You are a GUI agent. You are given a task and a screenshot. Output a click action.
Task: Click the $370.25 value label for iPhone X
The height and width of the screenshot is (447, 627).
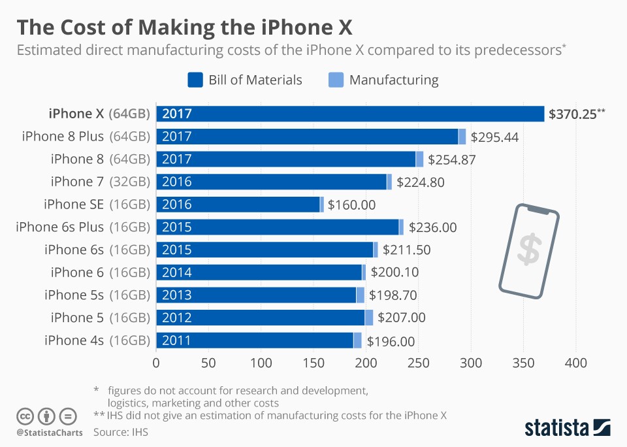(x=573, y=114)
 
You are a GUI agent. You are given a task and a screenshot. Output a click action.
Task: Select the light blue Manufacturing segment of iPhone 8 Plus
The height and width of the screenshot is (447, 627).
(x=462, y=137)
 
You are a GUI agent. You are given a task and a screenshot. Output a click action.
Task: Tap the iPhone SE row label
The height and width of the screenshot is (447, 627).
(x=97, y=205)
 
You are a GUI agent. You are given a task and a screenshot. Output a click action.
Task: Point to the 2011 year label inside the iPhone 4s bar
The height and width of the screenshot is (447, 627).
(x=176, y=340)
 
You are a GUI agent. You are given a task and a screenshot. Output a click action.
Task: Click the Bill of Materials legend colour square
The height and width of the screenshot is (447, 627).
(x=195, y=80)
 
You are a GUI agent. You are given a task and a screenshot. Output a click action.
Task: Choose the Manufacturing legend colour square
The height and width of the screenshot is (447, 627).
(x=336, y=80)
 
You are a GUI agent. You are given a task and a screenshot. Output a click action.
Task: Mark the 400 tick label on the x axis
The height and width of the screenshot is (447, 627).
(x=576, y=363)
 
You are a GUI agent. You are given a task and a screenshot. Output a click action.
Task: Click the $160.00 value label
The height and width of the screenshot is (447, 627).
(x=351, y=205)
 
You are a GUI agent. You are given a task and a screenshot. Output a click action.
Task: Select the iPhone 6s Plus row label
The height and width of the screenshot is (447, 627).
(x=83, y=227)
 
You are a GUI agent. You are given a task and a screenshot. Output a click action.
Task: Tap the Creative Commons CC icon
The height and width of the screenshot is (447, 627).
(x=25, y=416)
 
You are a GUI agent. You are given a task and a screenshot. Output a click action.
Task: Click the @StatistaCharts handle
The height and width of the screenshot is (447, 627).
(x=50, y=432)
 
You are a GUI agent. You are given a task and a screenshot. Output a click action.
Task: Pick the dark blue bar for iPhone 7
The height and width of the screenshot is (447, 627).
(x=271, y=182)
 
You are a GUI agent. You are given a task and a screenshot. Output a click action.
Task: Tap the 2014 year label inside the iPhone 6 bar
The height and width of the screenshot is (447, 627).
(x=176, y=273)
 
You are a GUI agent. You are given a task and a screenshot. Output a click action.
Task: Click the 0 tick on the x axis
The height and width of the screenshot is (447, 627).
(x=156, y=363)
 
